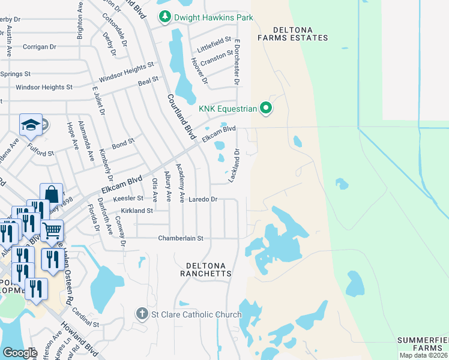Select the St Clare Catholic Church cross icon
coord(141,314)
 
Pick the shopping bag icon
coord(52,194)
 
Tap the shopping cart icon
coord(52,229)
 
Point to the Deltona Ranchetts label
coord(206,269)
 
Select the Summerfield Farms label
coord(423,344)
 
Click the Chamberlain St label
coord(181,238)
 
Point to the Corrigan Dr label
coord(39,46)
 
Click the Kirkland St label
coord(137,211)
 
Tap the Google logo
coord(20,352)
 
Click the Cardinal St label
coord(85,318)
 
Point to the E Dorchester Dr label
coord(237,62)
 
